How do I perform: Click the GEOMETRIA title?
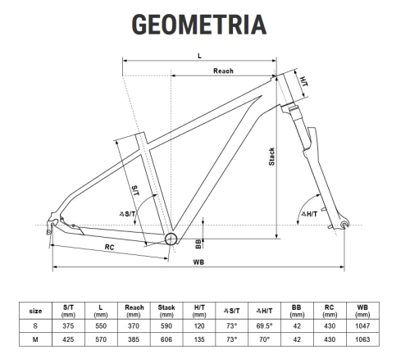pos(200,23)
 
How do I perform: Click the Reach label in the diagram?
pos(223,71)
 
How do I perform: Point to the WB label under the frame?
pos(198,262)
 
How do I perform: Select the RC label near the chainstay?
pos(109,245)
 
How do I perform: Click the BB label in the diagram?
pos(198,242)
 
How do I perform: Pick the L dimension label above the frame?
pos(199,55)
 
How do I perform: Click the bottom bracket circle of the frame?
pos(171,238)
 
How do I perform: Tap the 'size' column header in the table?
pos(35,311)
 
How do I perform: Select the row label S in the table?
pos(35,324)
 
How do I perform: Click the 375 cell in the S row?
pos(69,324)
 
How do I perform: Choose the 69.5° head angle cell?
pos(264,324)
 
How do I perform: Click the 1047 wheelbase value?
pos(361,324)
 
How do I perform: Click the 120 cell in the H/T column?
pos(198,324)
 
